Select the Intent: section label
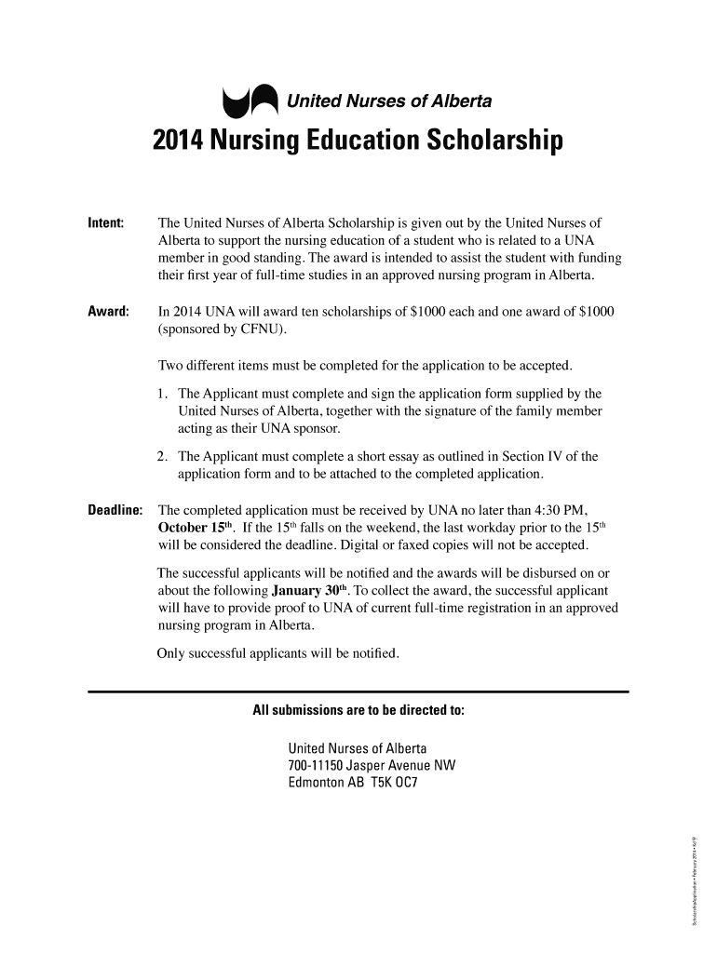pos(106,223)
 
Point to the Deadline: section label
pos(115,510)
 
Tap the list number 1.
pos(163,394)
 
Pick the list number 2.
pos(163,457)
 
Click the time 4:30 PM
pos(565,510)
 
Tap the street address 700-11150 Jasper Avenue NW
pos(372,766)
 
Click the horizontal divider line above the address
pos(358,691)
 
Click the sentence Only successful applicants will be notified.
pos(279,653)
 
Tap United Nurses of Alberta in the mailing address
pos(358,749)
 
